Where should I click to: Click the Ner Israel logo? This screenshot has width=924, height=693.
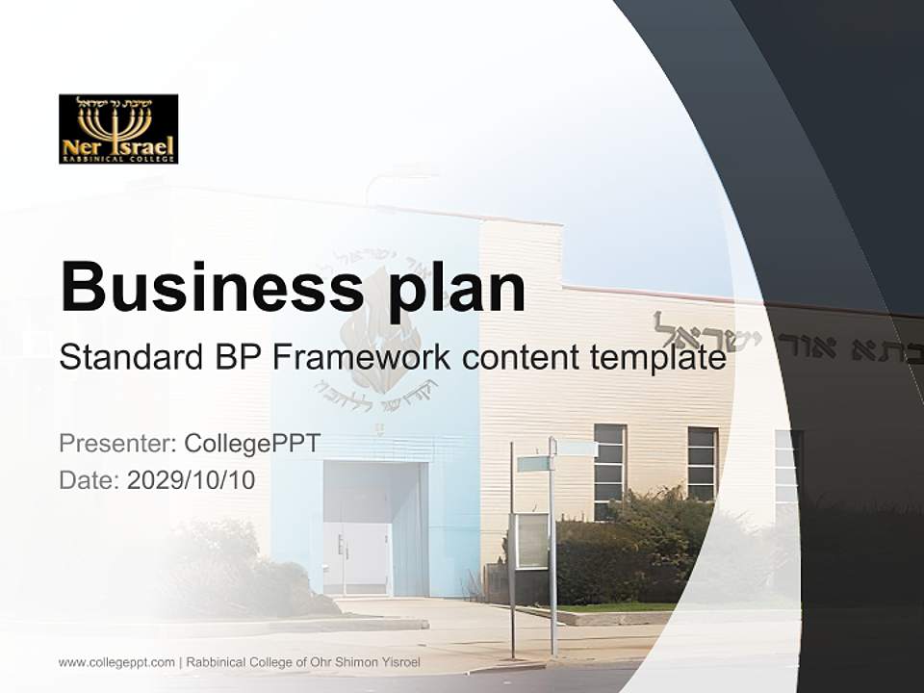click(x=118, y=129)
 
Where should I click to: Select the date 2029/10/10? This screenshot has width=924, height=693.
click(x=192, y=479)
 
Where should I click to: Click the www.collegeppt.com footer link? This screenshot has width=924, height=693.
click(x=116, y=662)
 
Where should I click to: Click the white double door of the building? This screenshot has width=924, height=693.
click(x=357, y=559)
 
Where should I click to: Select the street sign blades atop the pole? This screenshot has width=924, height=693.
click(x=556, y=454)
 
